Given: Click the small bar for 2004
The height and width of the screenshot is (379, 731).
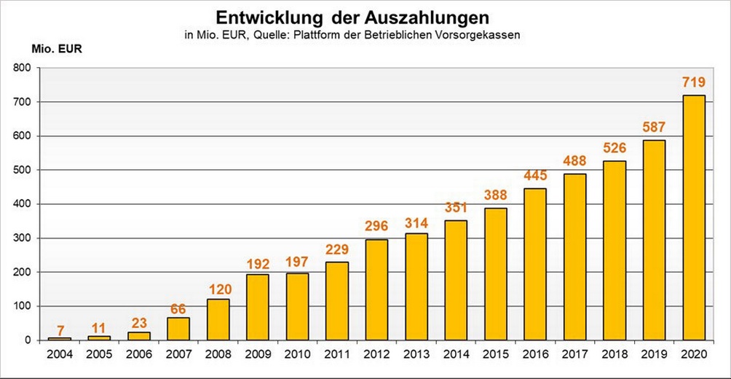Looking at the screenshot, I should click(60, 338).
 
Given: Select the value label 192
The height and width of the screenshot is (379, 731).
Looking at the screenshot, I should click(258, 262).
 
